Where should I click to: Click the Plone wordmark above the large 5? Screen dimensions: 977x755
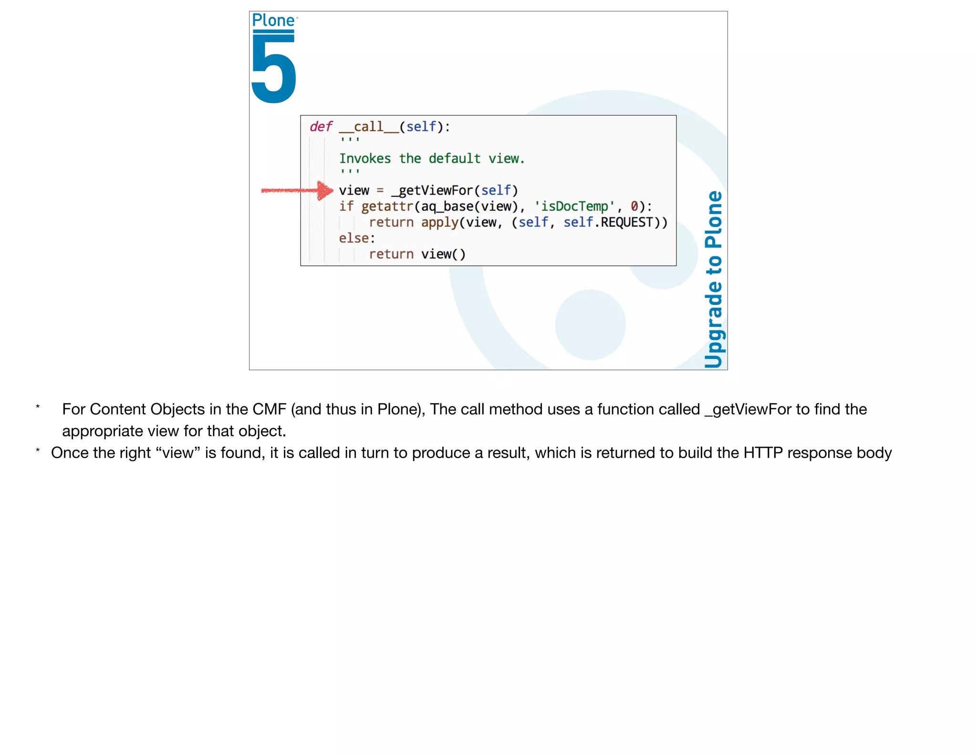273,21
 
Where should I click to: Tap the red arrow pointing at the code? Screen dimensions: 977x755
297,190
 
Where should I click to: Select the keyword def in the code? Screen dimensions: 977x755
321,126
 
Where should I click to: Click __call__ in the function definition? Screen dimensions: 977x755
369,127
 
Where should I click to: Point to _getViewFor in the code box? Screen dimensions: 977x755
432,190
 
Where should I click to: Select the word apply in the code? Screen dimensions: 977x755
439,222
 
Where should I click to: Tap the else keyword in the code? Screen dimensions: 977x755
353,238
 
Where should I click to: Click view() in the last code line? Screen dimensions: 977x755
443,254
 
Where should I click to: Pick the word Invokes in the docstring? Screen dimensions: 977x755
365,158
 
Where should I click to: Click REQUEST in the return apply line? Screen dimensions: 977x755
626,222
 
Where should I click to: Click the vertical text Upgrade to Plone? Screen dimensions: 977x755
714,279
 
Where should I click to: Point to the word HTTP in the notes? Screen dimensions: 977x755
763,452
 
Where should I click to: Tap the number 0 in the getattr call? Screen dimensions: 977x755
634,206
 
